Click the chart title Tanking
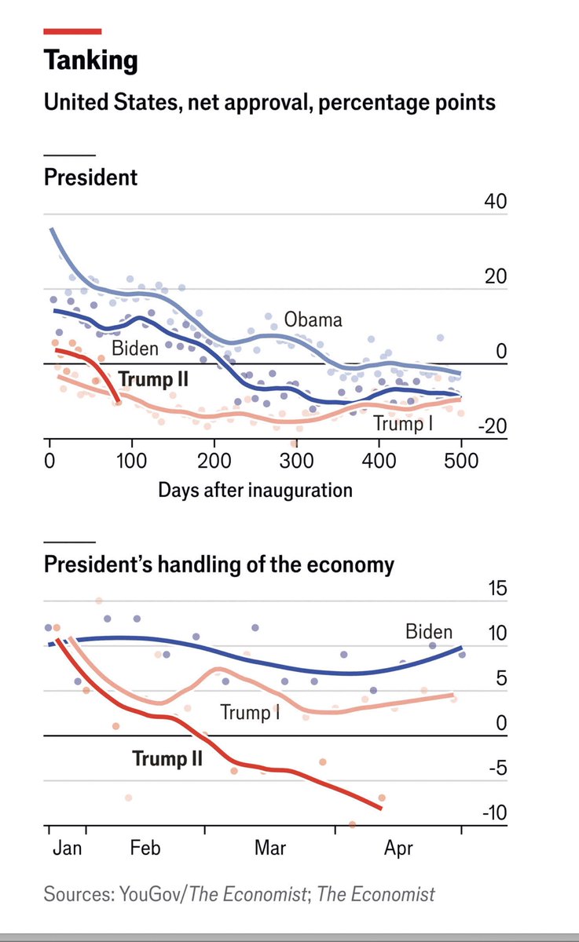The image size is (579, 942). (91, 60)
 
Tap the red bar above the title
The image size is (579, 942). (72, 31)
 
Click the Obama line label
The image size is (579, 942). (313, 319)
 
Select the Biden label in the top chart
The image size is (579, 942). (135, 349)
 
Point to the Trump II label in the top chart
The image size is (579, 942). (156, 380)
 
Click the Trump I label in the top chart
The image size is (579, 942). (404, 424)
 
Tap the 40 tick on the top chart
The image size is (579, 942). (496, 202)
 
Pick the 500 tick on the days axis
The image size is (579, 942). (461, 460)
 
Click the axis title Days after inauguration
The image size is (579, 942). (255, 491)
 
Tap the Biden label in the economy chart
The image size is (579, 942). (429, 631)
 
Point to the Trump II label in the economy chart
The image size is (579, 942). (167, 759)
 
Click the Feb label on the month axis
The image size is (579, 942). (145, 849)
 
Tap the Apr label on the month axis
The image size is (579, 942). (399, 849)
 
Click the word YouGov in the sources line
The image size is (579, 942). (148, 894)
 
